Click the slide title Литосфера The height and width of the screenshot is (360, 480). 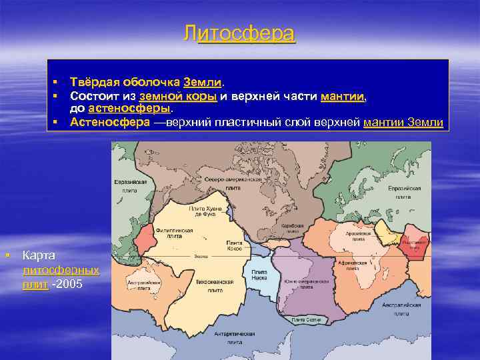click(240, 34)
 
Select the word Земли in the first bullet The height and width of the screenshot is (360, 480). click(203, 82)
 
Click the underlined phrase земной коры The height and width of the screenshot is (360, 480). click(178, 96)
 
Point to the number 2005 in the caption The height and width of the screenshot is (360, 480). click(70, 285)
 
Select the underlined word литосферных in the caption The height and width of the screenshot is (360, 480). click(61, 271)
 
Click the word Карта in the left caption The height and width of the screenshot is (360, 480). click(39, 256)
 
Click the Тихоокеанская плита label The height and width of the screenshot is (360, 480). click(215, 286)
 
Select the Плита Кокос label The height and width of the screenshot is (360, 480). click(234, 245)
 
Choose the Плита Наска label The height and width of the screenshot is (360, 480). click(259, 275)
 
